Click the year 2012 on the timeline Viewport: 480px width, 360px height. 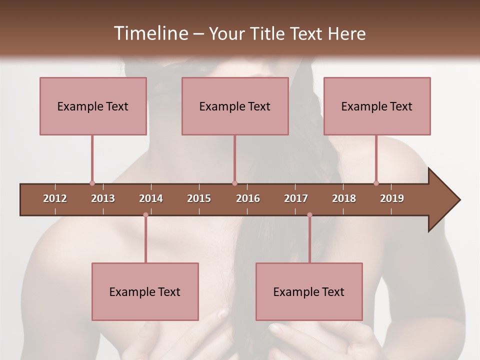tap(55, 198)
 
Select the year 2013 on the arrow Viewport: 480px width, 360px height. tap(103, 198)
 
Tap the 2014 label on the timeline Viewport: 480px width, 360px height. tap(151, 198)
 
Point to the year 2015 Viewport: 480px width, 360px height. tap(199, 198)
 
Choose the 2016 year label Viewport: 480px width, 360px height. tap(248, 198)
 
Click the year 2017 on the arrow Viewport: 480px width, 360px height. tap(296, 198)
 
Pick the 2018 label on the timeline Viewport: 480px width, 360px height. tap(344, 198)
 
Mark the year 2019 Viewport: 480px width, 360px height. tap(392, 198)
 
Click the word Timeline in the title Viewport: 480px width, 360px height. tap(150, 33)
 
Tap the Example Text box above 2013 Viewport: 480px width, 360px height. tap(93, 106)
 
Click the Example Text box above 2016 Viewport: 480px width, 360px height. tap(235, 106)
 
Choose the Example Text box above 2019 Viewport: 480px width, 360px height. tap(377, 106)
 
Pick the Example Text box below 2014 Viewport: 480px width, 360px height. tap(145, 291)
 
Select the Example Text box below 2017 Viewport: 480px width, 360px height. tap(309, 291)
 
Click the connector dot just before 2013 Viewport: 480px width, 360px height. tap(92, 183)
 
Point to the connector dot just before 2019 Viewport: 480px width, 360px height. tap(376, 183)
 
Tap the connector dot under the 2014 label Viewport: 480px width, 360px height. tap(145, 214)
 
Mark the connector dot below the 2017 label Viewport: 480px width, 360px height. tap(309, 214)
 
